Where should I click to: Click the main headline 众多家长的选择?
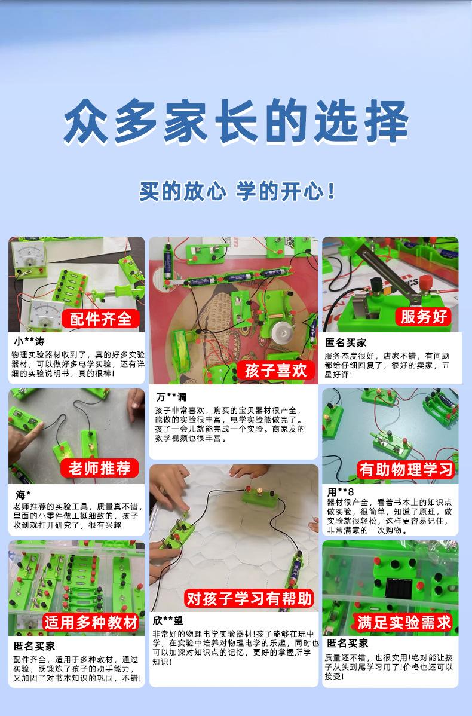click(236, 121)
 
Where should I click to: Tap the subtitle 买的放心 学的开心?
click(237, 191)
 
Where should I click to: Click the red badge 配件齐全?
click(101, 319)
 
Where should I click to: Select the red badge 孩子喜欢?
click(275, 371)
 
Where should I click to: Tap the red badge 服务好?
click(424, 316)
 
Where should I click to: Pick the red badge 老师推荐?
click(100, 468)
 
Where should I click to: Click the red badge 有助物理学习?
click(406, 469)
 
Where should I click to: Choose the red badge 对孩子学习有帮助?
click(249, 598)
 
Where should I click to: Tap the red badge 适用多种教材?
click(91, 622)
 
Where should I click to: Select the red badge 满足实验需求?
click(404, 622)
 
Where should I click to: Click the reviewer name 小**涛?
click(29, 341)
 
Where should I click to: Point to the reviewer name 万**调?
click(171, 397)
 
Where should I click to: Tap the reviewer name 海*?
click(23, 494)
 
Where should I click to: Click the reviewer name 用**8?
click(341, 492)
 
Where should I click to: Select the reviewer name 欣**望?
click(168, 620)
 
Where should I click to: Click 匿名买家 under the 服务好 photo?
click(345, 342)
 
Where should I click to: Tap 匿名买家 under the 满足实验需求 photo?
click(347, 643)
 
